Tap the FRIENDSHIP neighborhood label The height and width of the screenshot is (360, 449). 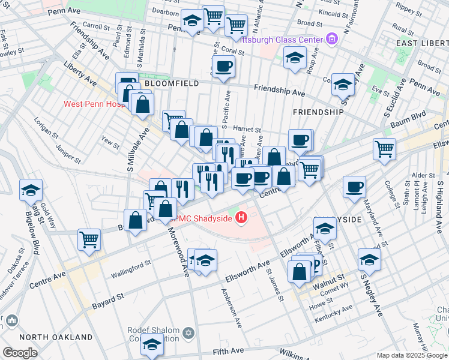click(318, 112)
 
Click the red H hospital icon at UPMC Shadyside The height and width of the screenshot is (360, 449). click(242, 218)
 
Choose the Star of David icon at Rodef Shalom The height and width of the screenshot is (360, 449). click(188, 332)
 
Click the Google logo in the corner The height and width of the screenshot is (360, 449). click(20, 353)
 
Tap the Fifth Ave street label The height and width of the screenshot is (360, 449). click(228, 350)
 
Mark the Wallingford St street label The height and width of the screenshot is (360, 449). click(131, 268)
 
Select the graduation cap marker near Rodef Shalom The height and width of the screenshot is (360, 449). click(152, 346)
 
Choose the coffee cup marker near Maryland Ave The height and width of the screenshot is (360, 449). click(355, 187)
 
